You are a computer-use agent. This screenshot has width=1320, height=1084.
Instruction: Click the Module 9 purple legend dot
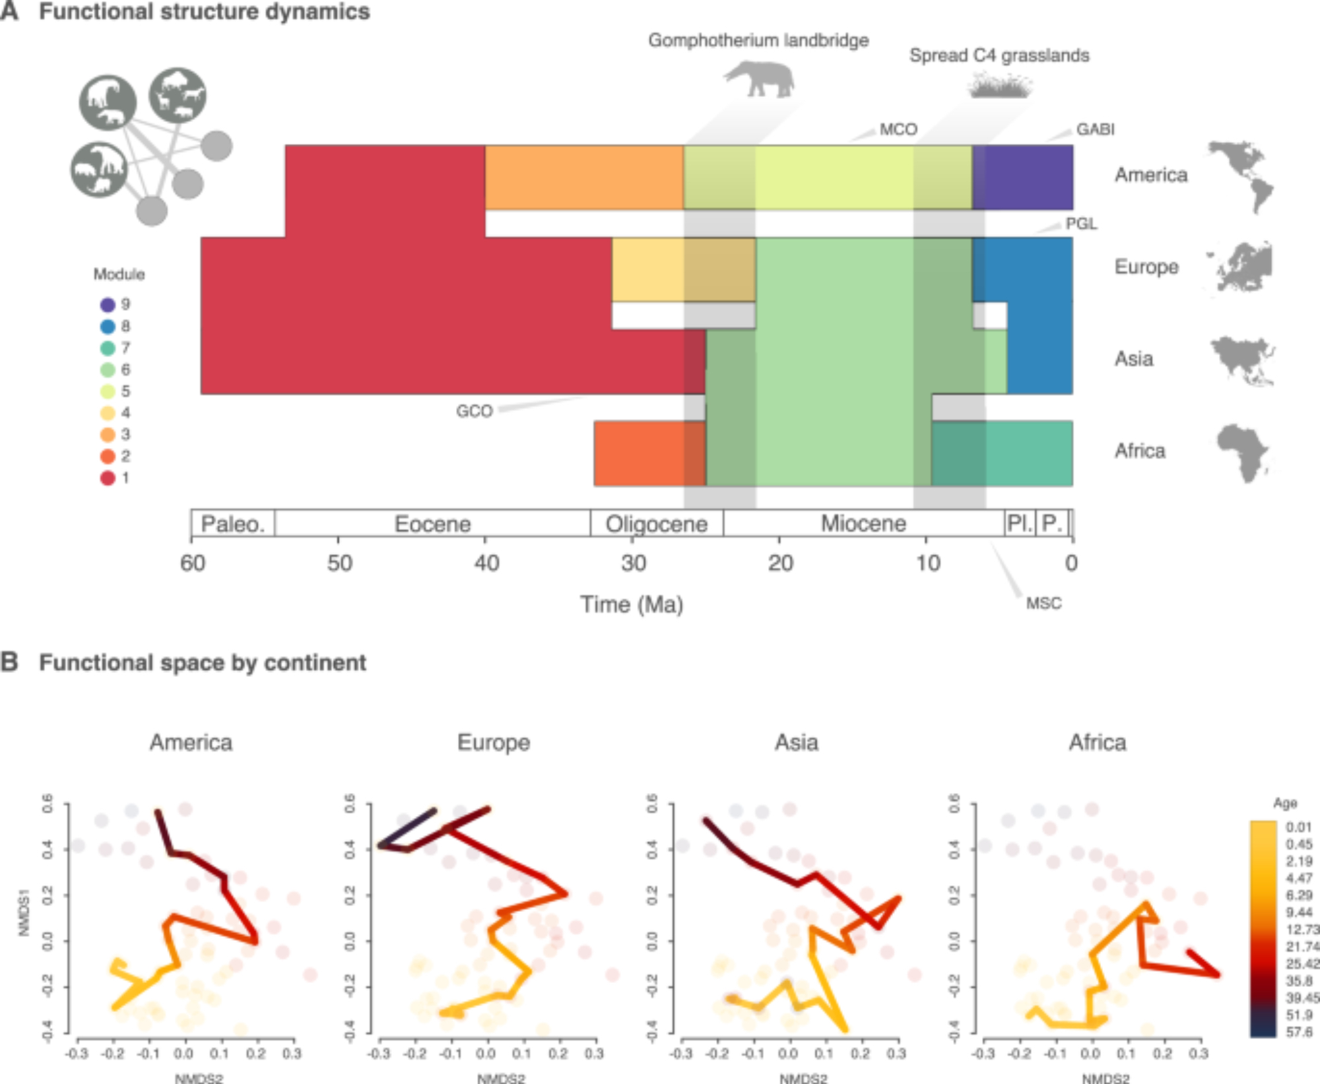tap(108, 305)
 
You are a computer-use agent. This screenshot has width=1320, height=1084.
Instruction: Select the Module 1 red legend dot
tap(108, 478)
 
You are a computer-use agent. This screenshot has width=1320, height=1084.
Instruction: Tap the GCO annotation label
tap(474, 411)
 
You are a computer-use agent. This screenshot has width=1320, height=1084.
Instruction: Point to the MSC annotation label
tap(1043, 603)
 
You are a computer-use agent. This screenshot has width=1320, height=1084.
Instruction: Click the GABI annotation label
tap(1095, 129)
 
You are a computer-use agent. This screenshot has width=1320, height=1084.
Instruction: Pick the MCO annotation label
tap(898, 129)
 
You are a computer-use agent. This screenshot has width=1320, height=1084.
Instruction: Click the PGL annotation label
tap(1081, 224)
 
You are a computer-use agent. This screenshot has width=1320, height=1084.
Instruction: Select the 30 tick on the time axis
tap(633, 563)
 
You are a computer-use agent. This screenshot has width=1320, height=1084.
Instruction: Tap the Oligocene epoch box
tap(657, 524)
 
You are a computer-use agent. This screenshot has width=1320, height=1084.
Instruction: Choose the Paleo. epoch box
tap(233, 524)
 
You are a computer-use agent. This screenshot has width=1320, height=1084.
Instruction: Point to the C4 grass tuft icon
tap(1001, 86)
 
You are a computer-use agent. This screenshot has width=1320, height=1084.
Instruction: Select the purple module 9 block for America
tap(1023, 177)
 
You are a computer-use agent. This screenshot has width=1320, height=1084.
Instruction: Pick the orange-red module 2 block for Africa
tap(638, 454)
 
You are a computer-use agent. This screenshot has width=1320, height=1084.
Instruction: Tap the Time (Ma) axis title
tap(632, 604)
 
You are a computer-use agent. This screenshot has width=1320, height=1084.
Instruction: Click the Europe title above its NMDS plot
tap(494, 743)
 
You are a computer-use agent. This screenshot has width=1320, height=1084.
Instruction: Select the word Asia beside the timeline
tap(1134, 359)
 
